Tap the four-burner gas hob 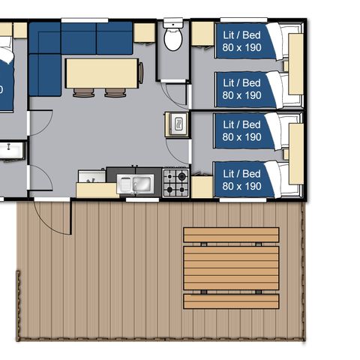click(175, 182)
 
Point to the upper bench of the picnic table click(231, 235)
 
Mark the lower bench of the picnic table click(231, 301)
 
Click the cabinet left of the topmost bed click(202, 34)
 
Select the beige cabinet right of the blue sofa click(144, 33)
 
